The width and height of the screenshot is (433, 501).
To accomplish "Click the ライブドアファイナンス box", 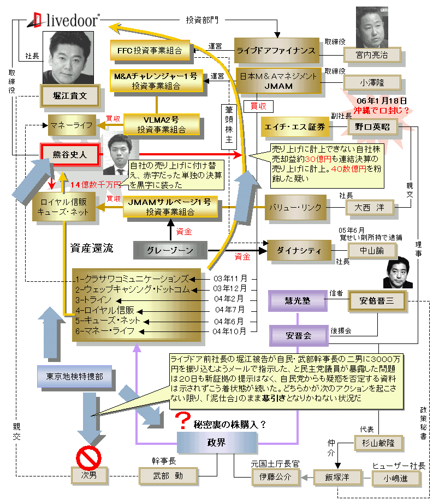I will tap(276, 50).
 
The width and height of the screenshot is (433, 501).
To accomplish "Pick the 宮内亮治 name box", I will tap(372, 55).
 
